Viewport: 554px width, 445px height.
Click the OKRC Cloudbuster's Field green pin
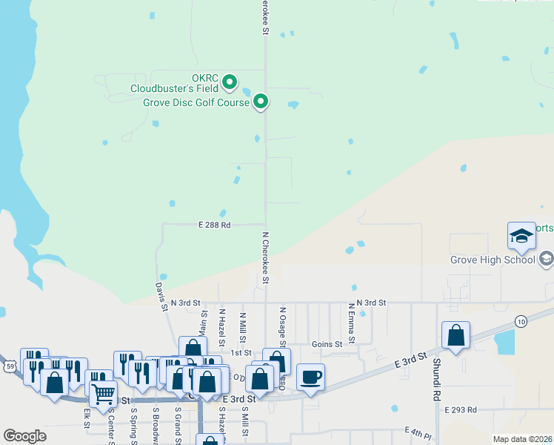pos(230,81)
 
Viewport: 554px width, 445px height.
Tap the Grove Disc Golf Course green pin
pos(261,102)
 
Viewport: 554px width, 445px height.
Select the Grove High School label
pos(493,260)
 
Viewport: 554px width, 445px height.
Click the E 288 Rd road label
pos(214,224)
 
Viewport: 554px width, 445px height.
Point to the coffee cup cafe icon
pos(310,376)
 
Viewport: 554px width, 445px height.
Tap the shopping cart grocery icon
pos(103,392)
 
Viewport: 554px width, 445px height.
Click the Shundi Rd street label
pos(437,380)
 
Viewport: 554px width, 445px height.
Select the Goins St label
pos(327,344)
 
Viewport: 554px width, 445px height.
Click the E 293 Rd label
pos(461,409)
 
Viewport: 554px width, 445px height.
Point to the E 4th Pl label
pos(418,431)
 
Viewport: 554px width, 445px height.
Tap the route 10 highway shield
pos(522,320)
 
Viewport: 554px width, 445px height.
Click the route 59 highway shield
pos(9,366)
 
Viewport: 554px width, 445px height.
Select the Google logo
pos(24,435)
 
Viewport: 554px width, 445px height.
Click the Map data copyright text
pos(523,439)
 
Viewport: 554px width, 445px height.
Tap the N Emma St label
pos(352,322)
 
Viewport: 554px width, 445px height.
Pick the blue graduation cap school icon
pos(521,236)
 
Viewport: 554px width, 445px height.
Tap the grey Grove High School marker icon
pos(547,259)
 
